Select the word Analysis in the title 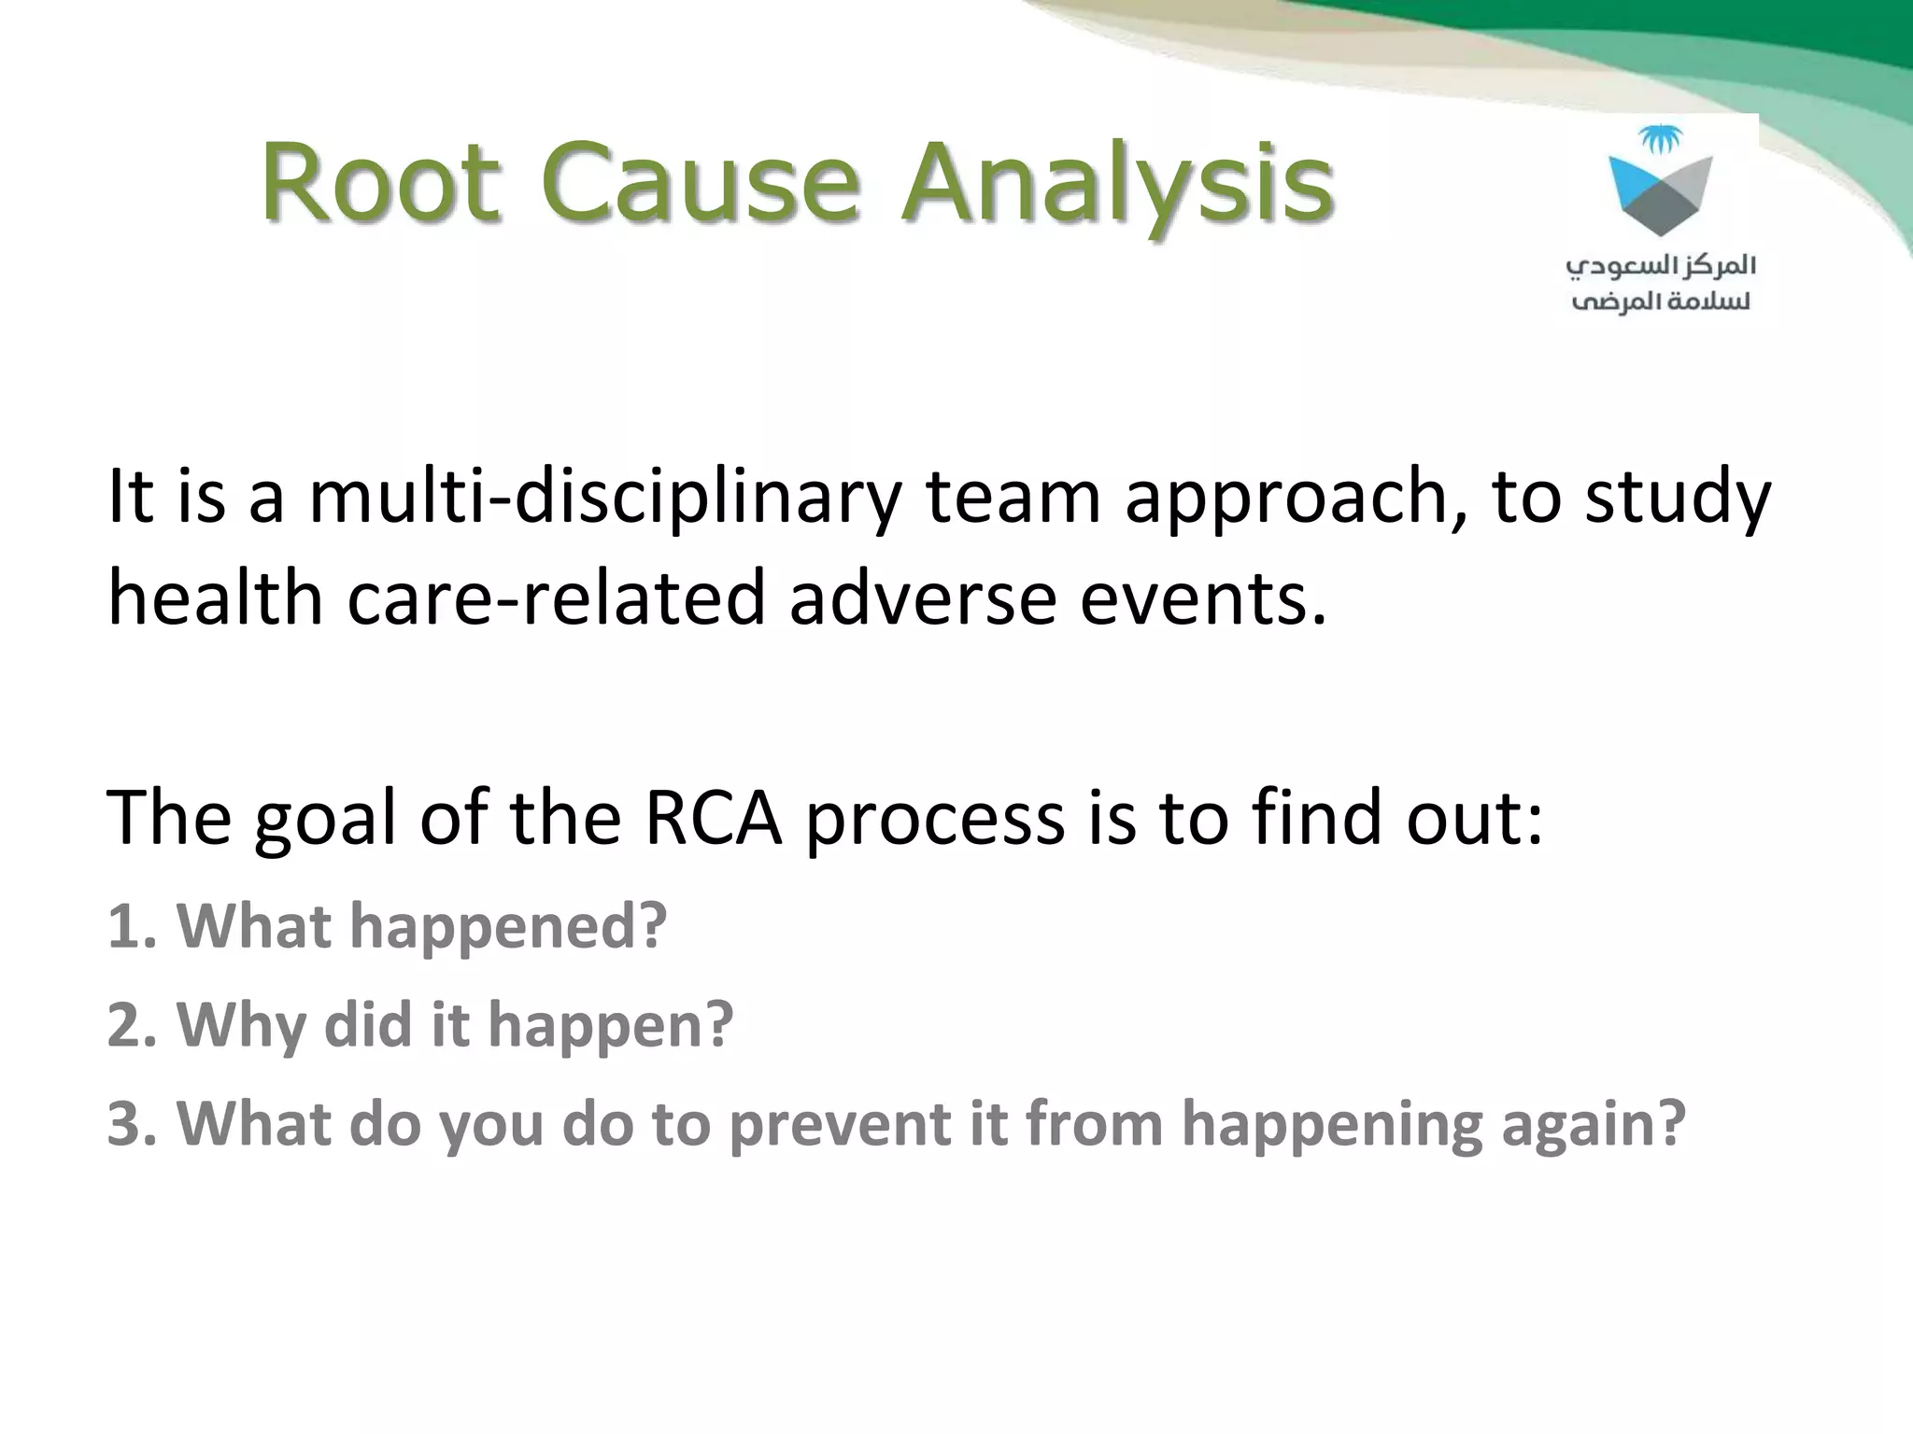click(1117, 185)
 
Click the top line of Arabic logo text click(1661, 267)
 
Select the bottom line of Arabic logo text click(1661, 302)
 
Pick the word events click(1203, 597)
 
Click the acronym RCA click(713, 817)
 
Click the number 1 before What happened click(125, 926)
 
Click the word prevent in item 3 click(839, 1124)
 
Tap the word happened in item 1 click(508, 928)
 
